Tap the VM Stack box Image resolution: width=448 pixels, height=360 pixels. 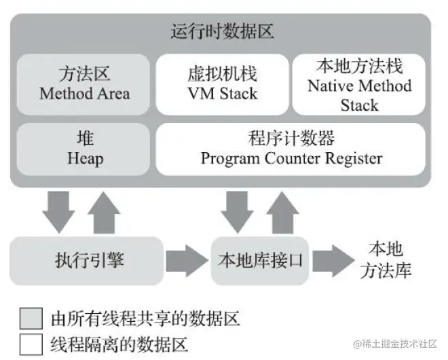click(x=222, y=84)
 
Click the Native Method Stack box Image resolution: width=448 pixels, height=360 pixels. click(x=359, y=84)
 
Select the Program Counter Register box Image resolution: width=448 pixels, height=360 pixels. click(x=291, y=148)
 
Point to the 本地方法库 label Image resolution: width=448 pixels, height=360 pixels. click(x=389, y=259)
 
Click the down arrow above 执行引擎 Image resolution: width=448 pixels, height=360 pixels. click(x=58, y=211)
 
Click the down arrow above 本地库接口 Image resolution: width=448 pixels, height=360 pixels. click(x=238, y=211)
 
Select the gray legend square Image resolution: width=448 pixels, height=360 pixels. click(x=31, y=318)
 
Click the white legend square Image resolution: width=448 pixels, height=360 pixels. click(x=31, y=343)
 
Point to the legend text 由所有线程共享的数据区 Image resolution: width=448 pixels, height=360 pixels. click(x=145, y=318)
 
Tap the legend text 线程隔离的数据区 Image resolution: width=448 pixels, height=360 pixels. click(x=119, y=343)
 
